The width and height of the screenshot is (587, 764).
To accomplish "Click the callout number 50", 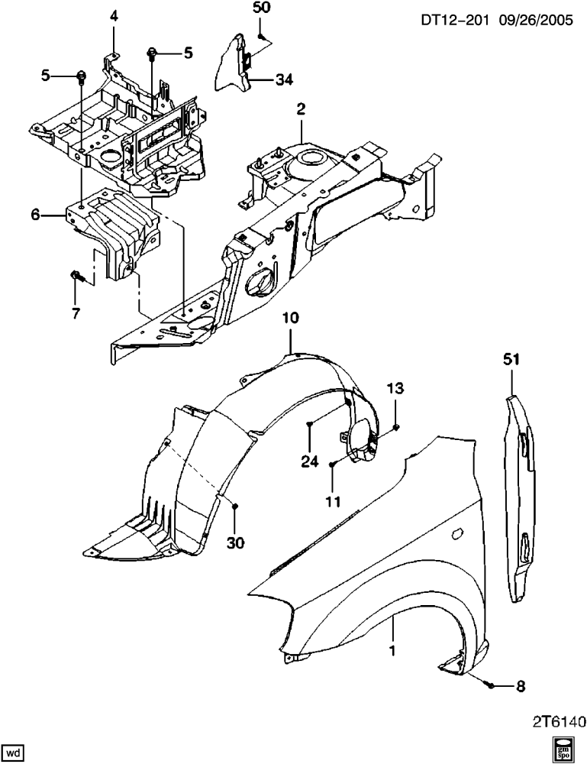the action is [x=261, y=8].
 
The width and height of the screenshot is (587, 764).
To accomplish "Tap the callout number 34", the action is [x=284, y=79].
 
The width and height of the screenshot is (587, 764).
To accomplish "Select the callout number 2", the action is [x=301, y=109].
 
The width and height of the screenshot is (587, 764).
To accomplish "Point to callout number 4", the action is [x=114, y=17].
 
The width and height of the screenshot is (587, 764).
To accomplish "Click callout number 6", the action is [x=36, y=215].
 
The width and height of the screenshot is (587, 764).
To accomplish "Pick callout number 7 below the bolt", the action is [x=76, y=313].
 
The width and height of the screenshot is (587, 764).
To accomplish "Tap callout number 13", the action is [x=395, y=388].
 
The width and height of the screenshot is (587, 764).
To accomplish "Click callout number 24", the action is [x=309, y=461].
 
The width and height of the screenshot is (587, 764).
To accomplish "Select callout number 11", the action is [x=333, y=501].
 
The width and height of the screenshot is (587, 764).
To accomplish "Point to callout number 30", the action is [x=235, y=542].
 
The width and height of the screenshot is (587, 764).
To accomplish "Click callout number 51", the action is [x=511, y=360].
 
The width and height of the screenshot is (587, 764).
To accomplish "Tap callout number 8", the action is [x=521, y=687].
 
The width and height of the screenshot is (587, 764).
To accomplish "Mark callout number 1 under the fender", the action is [x=392, y=651].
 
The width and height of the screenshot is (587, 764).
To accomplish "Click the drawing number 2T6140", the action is [x=558, y=720].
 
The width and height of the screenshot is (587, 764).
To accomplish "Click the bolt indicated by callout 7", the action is [x=77, y=277].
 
